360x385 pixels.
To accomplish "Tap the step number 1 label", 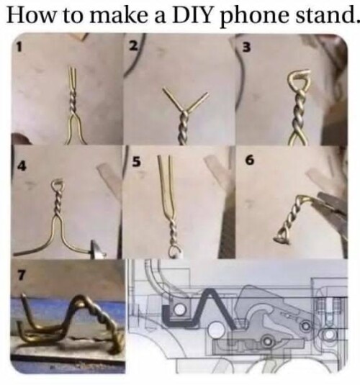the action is coord(19,47).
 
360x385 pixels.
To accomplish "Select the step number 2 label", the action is coord(133,45).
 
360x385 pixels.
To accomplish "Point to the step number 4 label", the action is coord(22,166).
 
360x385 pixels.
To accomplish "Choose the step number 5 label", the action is coord(136,162).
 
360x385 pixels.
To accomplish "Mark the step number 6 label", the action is coord(249,160).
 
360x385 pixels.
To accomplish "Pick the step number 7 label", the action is coord(21,275).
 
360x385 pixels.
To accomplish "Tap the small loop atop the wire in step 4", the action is coord(53,184).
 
